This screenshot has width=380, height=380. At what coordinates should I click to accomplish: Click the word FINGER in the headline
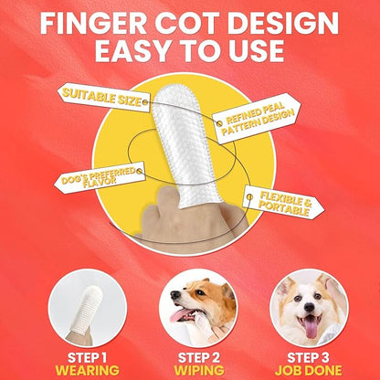93,23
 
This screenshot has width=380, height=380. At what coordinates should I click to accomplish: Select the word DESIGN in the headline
281,23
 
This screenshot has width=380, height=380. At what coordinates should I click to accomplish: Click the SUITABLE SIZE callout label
104,97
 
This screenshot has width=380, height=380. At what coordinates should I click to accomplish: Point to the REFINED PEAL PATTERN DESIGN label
257,118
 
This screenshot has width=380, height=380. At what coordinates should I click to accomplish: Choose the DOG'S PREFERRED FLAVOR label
100,177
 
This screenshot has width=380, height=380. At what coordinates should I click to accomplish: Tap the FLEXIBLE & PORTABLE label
283,203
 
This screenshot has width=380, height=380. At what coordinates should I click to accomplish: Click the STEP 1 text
87,358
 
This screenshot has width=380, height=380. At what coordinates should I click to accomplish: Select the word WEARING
87,371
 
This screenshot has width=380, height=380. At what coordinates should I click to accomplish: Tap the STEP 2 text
199,358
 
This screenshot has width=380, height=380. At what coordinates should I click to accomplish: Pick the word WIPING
199,371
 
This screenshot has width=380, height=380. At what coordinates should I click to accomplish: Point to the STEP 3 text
308,358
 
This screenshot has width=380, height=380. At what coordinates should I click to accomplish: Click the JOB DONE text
308,371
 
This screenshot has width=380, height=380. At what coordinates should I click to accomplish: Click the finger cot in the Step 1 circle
85,308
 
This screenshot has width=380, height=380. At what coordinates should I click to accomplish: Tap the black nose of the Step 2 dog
174,295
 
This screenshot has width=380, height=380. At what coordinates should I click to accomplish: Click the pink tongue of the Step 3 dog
311,327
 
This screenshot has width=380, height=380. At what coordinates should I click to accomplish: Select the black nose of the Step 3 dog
309,307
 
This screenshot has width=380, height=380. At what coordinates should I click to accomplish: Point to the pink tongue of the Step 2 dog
180,315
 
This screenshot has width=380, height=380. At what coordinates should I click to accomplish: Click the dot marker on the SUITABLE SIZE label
145,102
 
